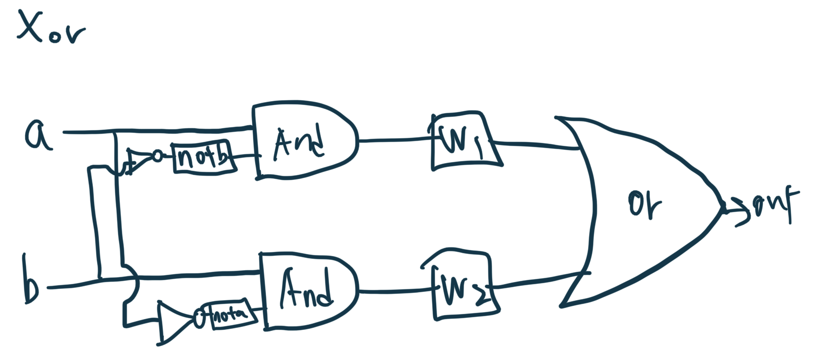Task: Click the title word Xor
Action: click(x=51, y=28)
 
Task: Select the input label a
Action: click(x=38, y=135)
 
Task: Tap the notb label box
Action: click(x=203, y=157)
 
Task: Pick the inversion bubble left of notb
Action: click(x=158, y=156)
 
